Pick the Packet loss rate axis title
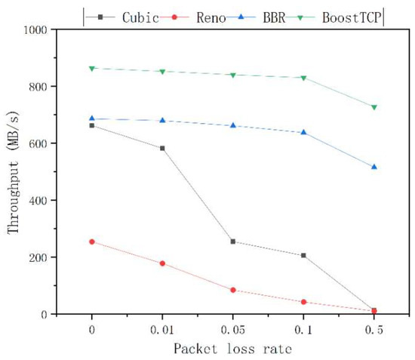(x=232, y=349)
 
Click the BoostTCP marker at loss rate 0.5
(x=373, y=107)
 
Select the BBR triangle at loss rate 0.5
(x=373, y=167)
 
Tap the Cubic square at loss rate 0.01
(x=161, y=148)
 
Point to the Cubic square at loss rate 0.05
(x=232, y=242)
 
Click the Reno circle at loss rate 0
(x=91, y=242)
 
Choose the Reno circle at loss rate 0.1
(x=303, y=302)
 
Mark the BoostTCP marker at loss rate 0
(x=91, y=68)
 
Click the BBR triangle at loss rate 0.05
(x=232, y=125)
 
